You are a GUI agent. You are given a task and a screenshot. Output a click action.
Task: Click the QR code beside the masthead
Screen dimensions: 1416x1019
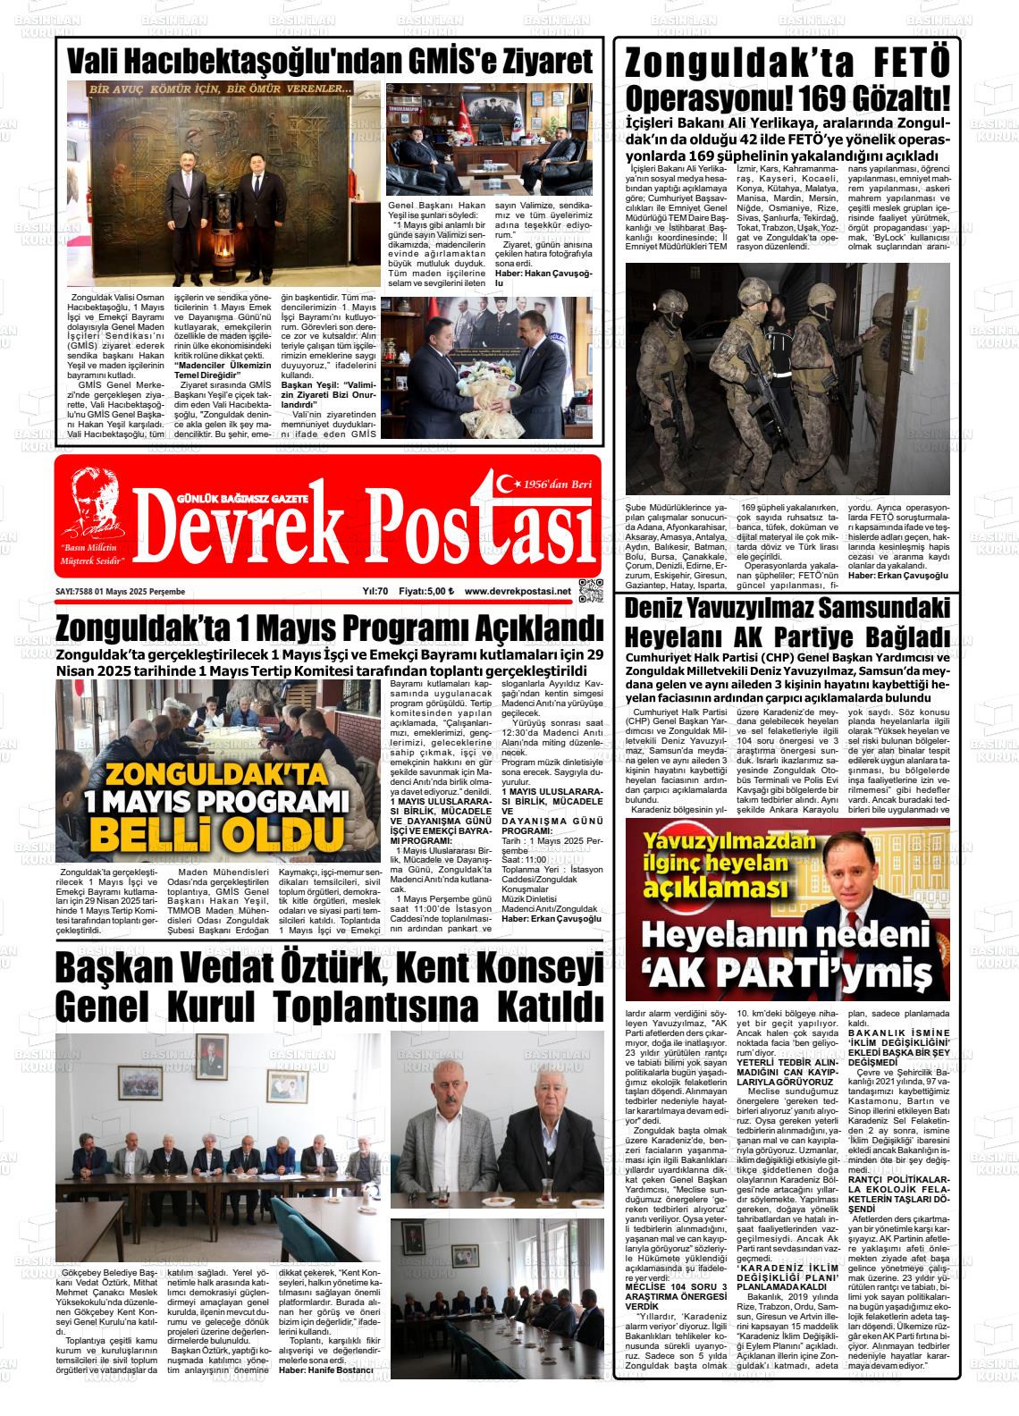586,589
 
